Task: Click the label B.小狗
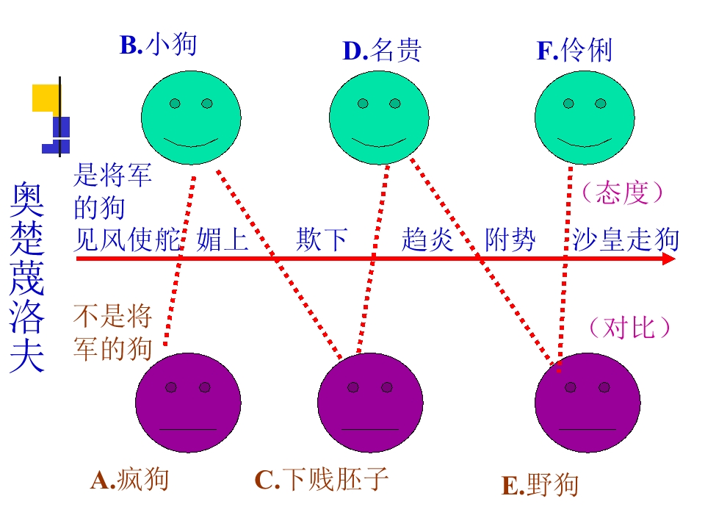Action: [159, 44]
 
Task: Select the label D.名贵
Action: [382, 50]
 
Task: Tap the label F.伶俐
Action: [574, 50]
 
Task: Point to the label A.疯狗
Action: [129, 480]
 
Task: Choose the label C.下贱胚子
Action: [322, 480]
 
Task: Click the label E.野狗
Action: [540, 485]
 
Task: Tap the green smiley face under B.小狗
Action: [191, 118]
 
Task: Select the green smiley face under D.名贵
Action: [379, 118]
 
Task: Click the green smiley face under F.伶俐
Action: [585, 118]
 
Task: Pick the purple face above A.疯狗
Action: [188, 403]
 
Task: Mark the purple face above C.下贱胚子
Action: [370, 403]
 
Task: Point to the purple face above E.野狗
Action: [587, 403]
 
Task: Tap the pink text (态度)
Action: [622, 193]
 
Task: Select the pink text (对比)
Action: [629, 327]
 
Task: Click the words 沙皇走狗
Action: [626, 240]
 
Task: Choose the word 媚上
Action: [223, 240]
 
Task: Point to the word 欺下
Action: [322, 240]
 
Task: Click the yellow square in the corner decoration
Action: [46, 98]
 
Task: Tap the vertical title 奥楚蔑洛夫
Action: [27, 277]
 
